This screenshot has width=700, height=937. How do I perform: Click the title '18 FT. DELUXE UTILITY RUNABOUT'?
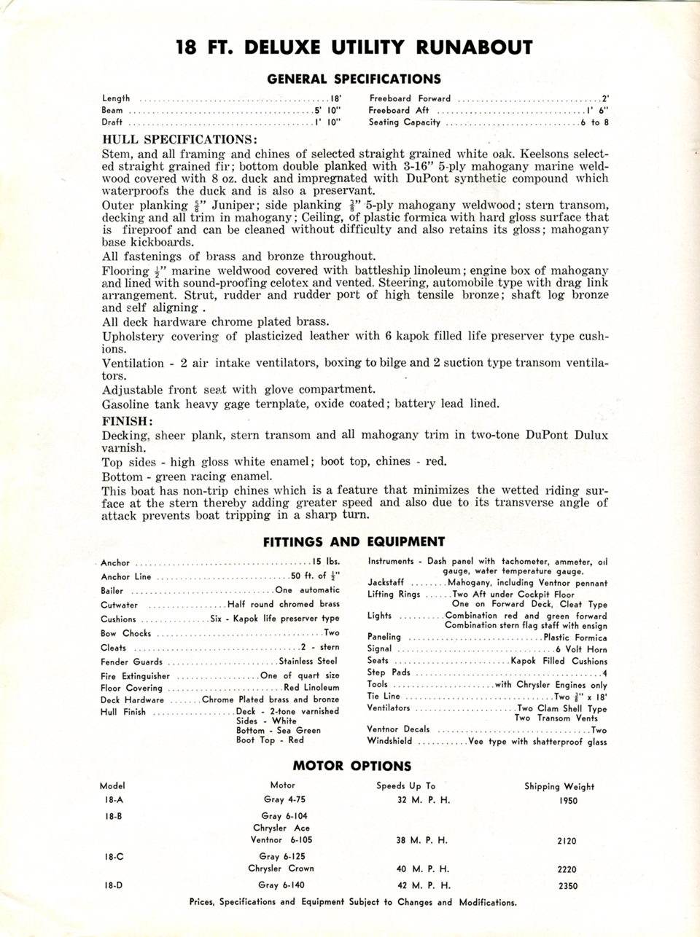coord(354,48)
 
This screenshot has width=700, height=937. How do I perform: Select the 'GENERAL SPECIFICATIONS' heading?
coord(354,79)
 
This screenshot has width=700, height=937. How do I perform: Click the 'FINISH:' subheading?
coord(128,420)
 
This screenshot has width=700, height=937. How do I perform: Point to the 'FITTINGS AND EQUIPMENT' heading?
coord(354,541)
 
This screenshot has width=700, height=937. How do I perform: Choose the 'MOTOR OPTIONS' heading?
coord(351,766)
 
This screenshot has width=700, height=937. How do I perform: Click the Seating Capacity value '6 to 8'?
coord(594,122)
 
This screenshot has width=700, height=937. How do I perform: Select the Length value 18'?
coord(336,98)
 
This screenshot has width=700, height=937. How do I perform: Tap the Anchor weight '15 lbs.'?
coord(325,562)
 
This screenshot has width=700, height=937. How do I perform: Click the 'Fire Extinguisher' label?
coord(135,675)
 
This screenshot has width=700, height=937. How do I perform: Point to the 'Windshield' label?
coord(389,741)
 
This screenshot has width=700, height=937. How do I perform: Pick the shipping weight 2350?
coord(566,886)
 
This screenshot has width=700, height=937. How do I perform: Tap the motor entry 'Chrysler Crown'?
coord(281,869)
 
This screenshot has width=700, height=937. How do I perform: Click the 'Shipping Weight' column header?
coord(559,786)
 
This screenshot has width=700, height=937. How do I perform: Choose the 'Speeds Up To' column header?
coord(405,785)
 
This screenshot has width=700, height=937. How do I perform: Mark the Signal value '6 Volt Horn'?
coord(581,648)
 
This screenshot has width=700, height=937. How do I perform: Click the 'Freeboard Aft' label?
coord(398,110)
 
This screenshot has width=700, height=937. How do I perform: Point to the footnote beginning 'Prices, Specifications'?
coord(352,902)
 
